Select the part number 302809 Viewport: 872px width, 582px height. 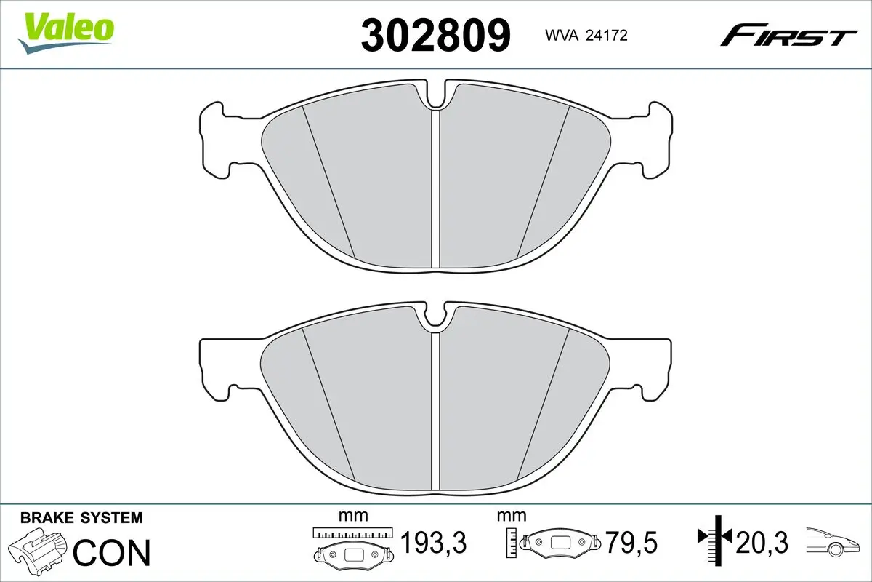click(436, 35)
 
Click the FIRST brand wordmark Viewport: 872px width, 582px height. click(788, 35)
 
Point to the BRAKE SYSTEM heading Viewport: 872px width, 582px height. click(81, 518)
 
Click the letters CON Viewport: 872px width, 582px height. click(113, 552)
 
